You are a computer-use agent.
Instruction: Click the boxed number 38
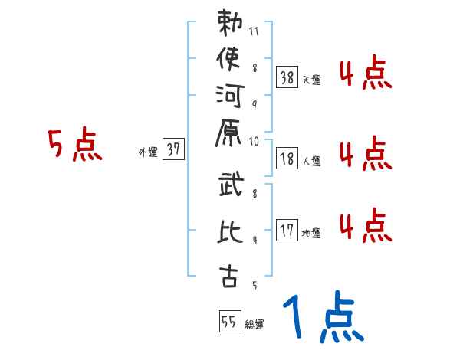(287, 77)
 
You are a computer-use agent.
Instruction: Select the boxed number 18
(287, 159)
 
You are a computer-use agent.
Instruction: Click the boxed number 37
(173, 150)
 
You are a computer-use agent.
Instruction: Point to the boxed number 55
(228, 322)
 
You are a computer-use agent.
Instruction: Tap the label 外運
(147, 152)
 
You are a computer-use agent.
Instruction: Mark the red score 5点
(75, 146)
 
